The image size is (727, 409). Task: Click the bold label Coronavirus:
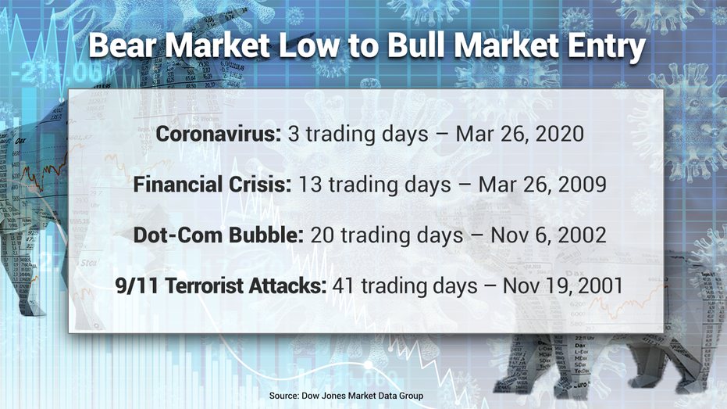219,134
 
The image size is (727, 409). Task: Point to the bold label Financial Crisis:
212,185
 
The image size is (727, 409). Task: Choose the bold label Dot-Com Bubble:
219,235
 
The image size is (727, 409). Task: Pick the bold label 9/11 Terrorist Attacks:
221,285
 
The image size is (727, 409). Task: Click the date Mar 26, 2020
520,135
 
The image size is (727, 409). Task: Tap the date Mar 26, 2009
543,185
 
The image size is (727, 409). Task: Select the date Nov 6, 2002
548,235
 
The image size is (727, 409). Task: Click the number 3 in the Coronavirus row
294,135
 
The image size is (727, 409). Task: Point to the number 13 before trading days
310,185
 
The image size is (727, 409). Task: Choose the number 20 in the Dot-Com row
323,235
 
